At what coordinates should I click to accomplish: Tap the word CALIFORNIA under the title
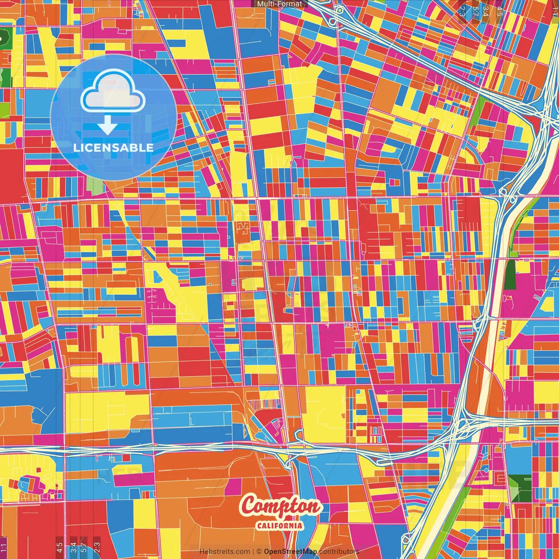pyautogui.click(x=280, y=525)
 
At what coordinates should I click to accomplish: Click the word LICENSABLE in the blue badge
pyautogui.click(x=113, y=148)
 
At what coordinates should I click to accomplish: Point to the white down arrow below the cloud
pyautogui.click(x=107, y=126)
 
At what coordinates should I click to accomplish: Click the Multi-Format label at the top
pyautogui.click(x=279, y=4)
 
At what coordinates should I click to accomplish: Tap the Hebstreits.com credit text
pyautogui.click(x=225, y=552)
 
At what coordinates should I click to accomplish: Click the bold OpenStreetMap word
pyautogui.click(x=290, y=552)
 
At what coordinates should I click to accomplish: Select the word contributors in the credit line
pyautogui.click(x=339, y=552)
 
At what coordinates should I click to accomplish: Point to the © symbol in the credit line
pyautogui.click(x=259, y=552)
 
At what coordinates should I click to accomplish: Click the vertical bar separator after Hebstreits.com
pyautogui.click(x=253, y=552)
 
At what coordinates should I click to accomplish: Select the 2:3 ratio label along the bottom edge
pyautogui.click(x=97, y=547)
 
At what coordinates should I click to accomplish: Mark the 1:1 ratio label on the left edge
pyautogui.click(x=3, y=547)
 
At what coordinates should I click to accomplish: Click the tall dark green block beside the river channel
pyautogui.click(x=510, y=275)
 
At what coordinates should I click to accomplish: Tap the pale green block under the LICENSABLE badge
pyautogui.click(x=95, y=185)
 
